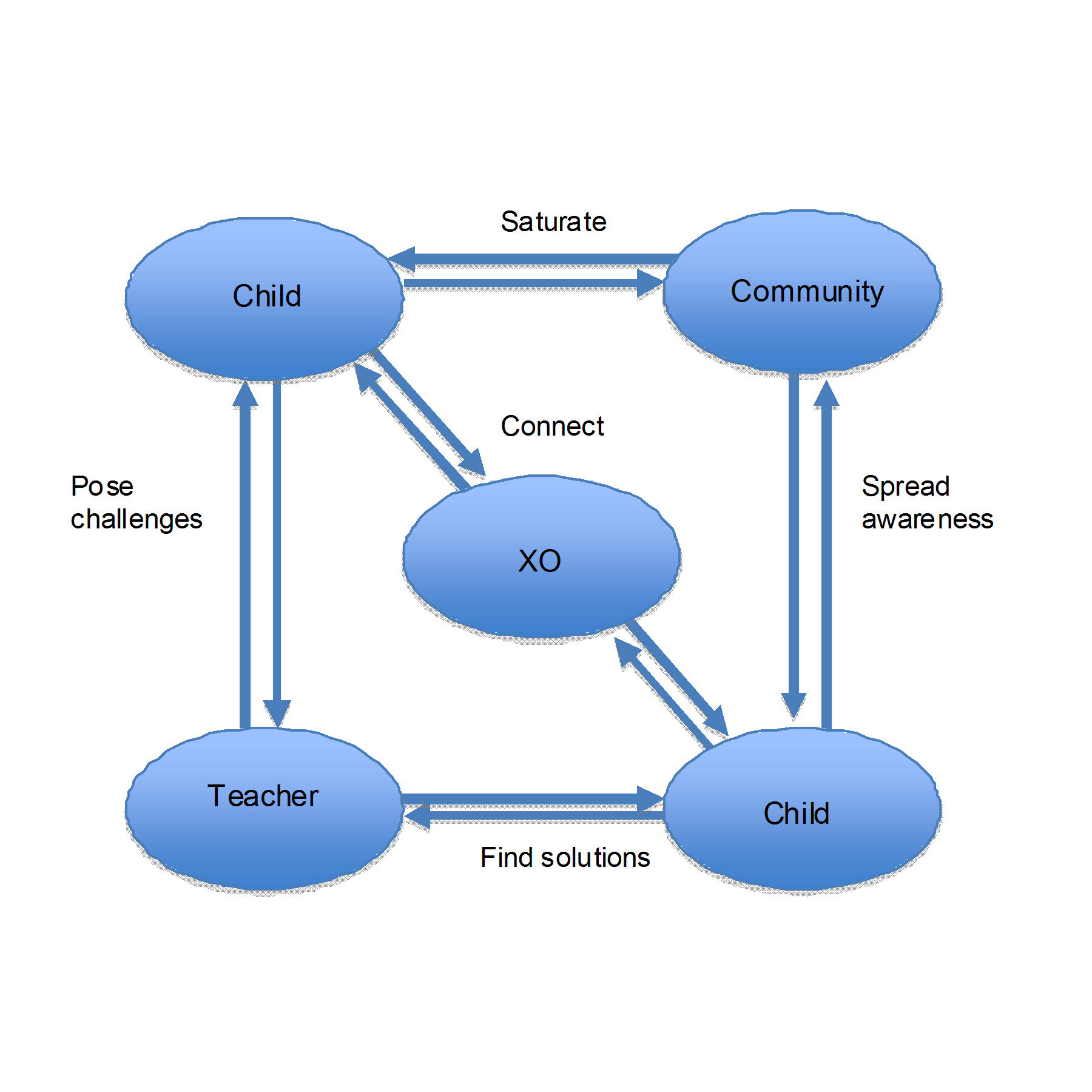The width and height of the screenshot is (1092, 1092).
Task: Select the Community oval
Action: [x=802, y=292]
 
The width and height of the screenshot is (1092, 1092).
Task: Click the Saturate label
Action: [x=553, y=222]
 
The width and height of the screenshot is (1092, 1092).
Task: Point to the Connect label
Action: [x=552, y=426]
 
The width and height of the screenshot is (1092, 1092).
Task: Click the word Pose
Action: [x=102, y=487]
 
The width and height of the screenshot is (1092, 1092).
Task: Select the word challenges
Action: [x=136, y=520]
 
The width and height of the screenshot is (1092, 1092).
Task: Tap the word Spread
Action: [x=905, y=487]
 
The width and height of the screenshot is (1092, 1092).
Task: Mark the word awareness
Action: [x=927, y=520]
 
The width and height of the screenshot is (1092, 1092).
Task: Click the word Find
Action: [x=506, y=858]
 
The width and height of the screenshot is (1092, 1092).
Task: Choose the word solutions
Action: [x=595, y=858]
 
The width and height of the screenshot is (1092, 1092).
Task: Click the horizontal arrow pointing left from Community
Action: [x=534, y=260]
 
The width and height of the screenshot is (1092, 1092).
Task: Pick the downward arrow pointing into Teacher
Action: [x=277, y=546]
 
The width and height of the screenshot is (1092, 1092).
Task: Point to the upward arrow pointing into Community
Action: [x=826, y=552]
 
